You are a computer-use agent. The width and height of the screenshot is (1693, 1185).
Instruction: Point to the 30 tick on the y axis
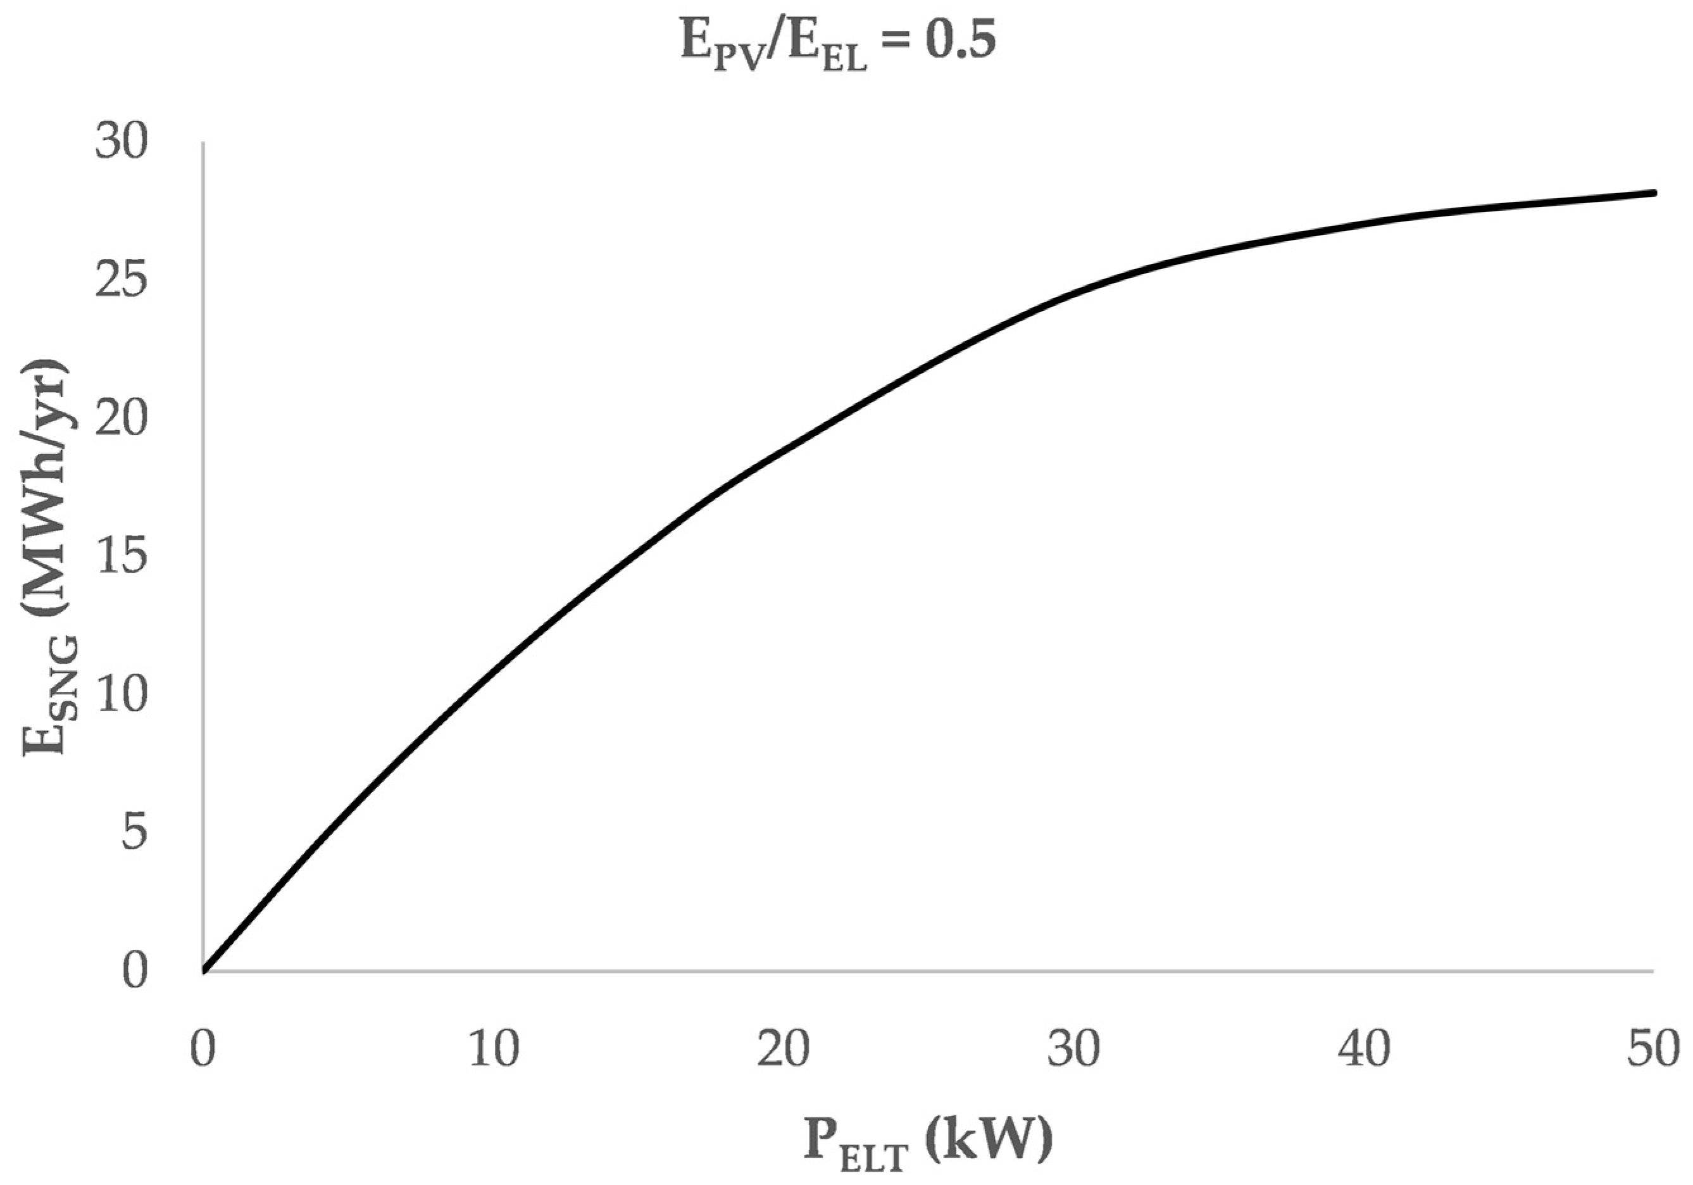(x=121, y=142)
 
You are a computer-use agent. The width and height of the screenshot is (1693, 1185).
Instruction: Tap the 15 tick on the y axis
(x=121, y=557)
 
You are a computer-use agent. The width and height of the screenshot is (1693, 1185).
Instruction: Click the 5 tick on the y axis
(x=134, y=833)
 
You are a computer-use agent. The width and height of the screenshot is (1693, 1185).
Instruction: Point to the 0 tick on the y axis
(x=134, y=972)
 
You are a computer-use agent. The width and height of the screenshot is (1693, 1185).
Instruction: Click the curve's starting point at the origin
(x=205, y=970)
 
